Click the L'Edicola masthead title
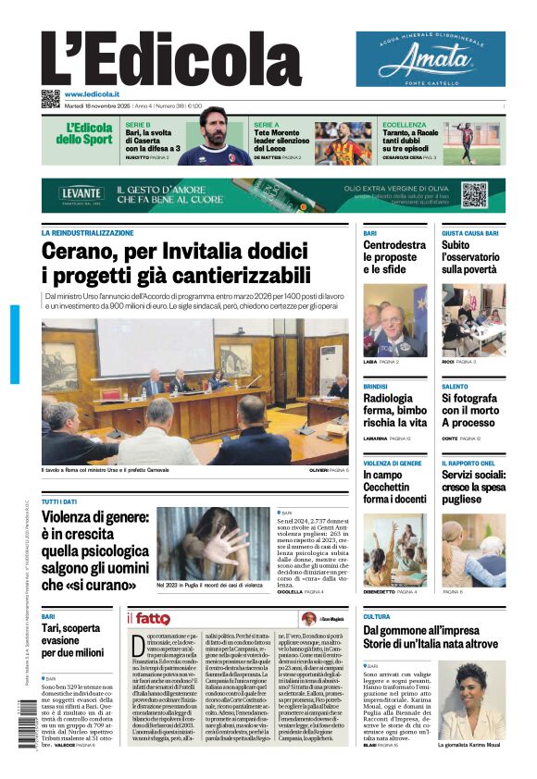tap(157, 62)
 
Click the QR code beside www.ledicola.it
tap(50, 97)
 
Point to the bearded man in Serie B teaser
tap(215, 137)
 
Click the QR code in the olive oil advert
tap(474, 195)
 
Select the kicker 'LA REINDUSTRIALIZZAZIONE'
tap(87, 233)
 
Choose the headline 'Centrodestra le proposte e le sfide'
tap(394, 257)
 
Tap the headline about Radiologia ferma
tap(394, 410)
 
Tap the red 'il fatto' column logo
tap(148, 618)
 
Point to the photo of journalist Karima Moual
tap(471, 699)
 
